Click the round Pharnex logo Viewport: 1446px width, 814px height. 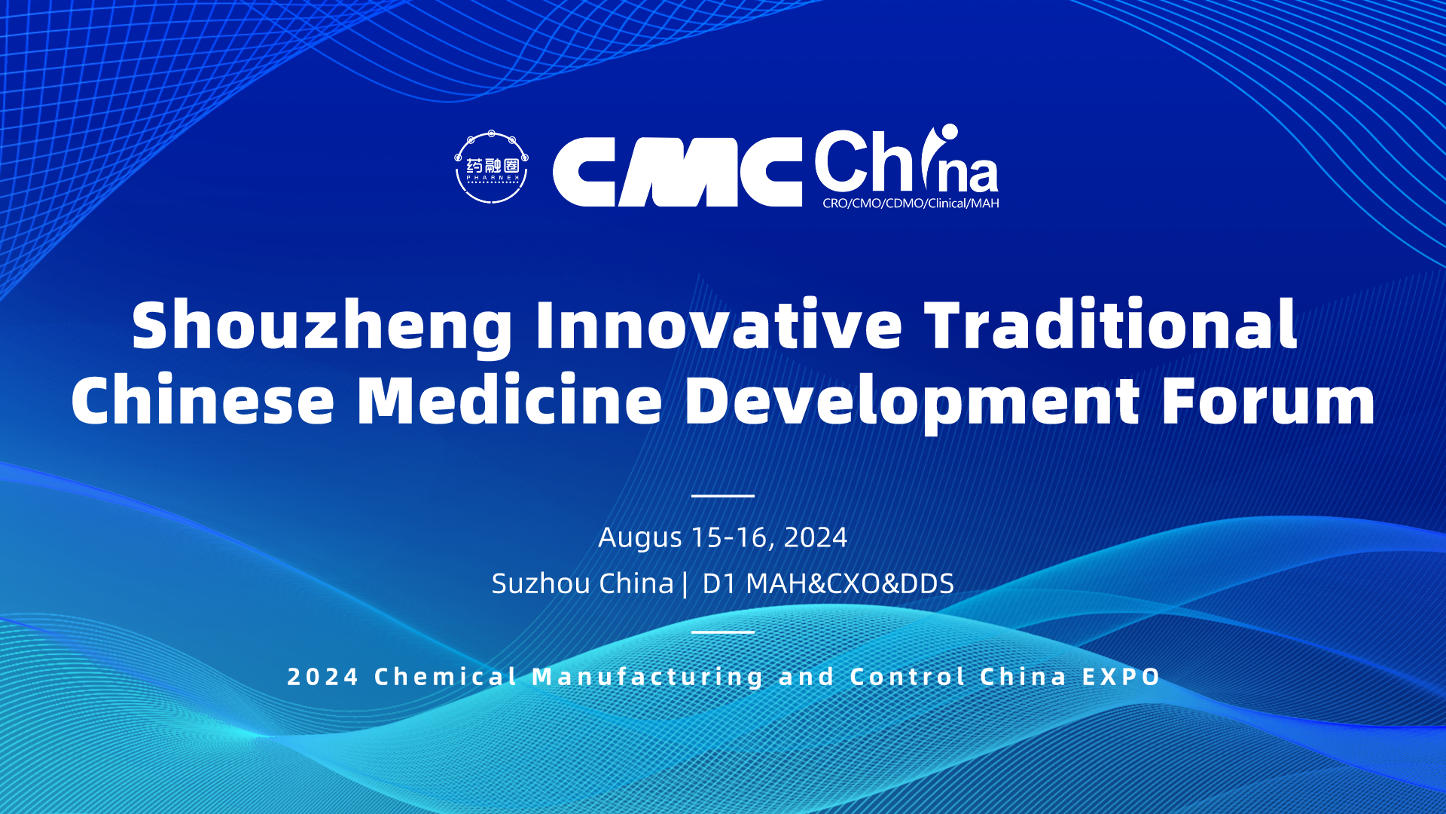(x=491, y=167)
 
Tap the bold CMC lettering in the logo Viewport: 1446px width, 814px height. (x=678, y=172)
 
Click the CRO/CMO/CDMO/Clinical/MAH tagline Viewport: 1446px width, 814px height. (x=911, y=203)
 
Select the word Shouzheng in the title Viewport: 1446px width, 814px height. (x=322, y=326)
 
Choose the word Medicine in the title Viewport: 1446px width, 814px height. (x=510, y=399)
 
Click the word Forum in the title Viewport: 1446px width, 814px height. (x=1268, y=400)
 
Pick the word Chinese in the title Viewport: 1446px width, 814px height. (x=203, y=399)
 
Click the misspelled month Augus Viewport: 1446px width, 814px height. (x=640, y=538)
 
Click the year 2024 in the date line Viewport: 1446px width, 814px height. (x=816, y=537)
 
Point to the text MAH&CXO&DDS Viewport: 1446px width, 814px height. (x=850, y=583)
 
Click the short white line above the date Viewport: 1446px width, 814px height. (x=723, y=496)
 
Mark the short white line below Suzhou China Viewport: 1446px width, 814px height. (x=723, y=632)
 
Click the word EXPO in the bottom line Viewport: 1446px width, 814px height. (x=1121, y=677)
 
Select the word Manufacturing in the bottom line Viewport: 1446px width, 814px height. (x=648, y=677)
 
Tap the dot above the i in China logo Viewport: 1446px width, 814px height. (x=949, y=132)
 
